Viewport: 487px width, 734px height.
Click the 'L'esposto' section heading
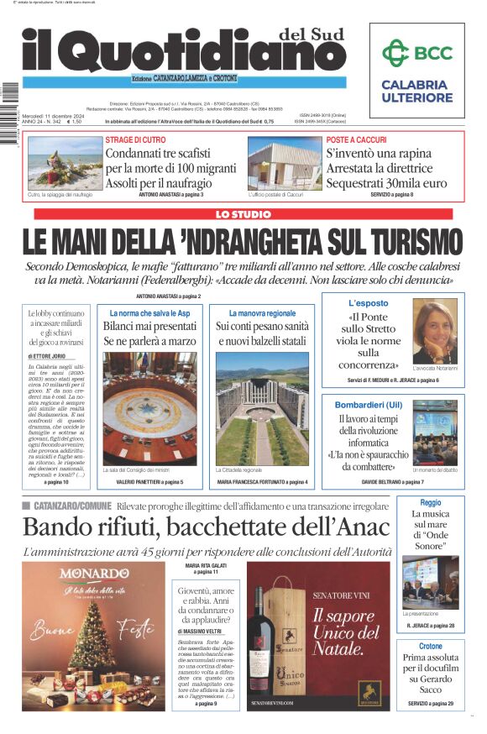[369, 302]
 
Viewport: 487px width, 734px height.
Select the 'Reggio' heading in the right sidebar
[430, 502]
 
